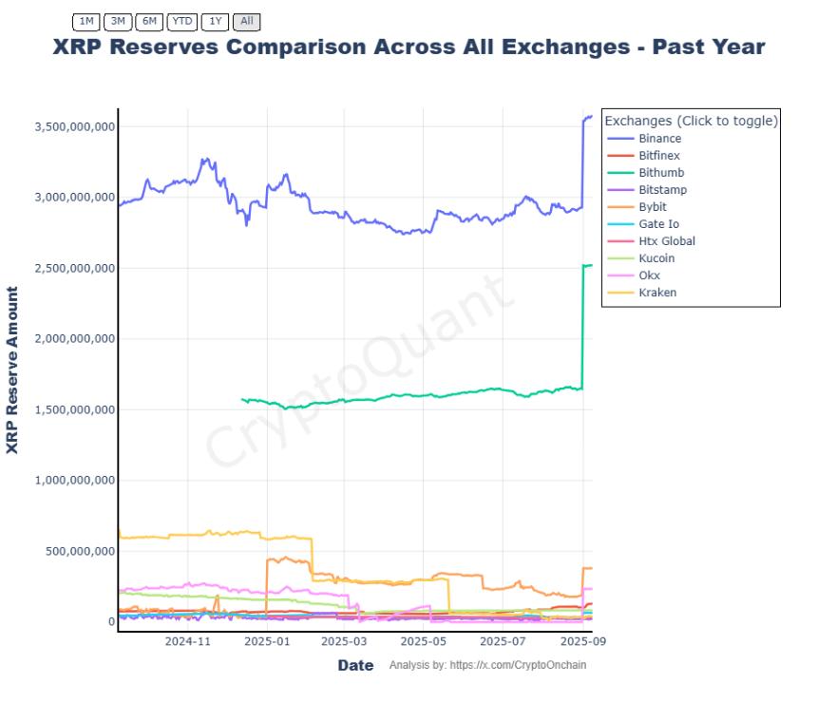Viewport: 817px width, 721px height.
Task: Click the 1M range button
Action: [x=86, y=21]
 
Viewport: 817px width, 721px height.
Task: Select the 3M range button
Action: [x=118, y=21]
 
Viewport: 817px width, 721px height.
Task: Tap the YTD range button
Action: [x=182, y=21]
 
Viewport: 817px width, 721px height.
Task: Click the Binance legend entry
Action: [x=659, y=139]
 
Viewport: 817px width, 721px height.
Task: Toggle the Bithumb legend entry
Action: [x=661, y=173]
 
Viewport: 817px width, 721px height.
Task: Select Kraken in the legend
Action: [x=657, y=293]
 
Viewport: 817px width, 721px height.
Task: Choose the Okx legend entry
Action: [x=649, y=275]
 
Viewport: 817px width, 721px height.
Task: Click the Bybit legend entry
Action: [x=653, y=207]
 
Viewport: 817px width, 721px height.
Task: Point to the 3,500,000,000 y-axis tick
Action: [x=73, y=127]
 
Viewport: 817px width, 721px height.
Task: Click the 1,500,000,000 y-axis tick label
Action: [x=73, y=409]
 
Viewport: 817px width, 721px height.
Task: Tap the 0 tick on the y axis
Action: [x=110, y=621]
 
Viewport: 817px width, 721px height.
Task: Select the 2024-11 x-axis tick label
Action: [x=187, y=641]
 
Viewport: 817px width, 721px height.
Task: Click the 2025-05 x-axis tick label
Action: [x=425, y=641]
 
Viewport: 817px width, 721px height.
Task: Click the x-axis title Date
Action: [x=355, y=665]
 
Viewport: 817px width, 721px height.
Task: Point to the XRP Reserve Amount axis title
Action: [x=12, y=370]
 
